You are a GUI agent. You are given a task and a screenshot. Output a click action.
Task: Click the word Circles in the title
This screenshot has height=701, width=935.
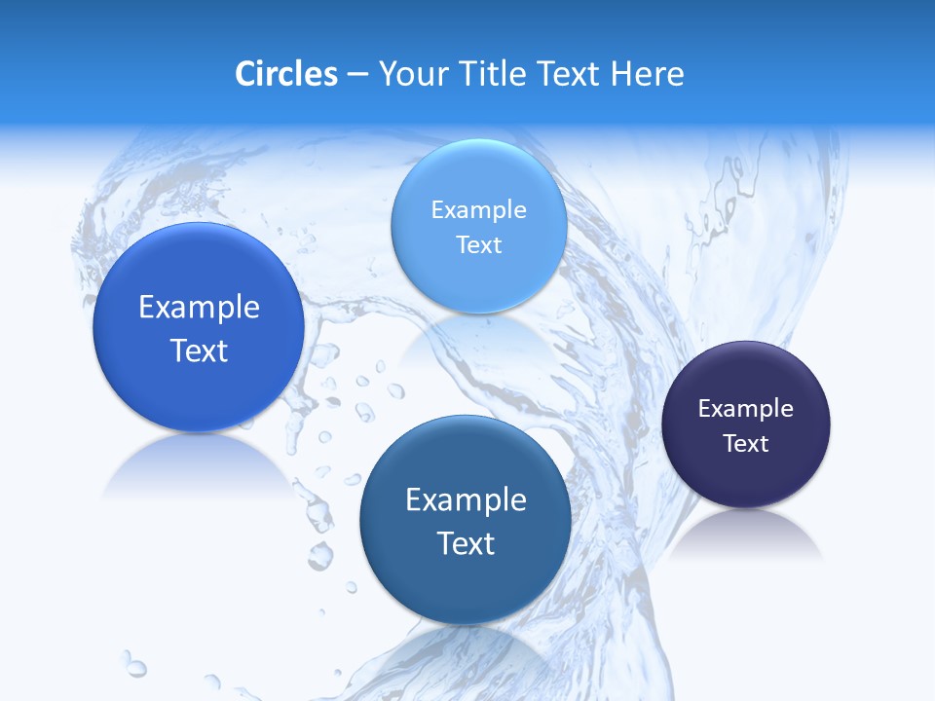point(285,74)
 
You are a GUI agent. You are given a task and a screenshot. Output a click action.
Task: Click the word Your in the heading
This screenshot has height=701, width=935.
point(410,74)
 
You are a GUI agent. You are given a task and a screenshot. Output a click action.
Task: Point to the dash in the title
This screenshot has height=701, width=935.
point(357,75)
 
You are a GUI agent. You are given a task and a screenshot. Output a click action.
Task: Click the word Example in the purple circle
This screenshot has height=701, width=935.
point(746,409)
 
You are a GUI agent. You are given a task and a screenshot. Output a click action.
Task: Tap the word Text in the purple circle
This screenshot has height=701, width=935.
point(746,444)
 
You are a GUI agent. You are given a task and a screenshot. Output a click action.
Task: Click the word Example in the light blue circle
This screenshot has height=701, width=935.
point(478,210)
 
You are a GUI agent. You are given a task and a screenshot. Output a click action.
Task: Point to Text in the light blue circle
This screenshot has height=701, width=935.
point(478,245)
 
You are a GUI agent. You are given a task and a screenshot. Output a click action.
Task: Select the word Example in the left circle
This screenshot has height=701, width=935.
point(199,308)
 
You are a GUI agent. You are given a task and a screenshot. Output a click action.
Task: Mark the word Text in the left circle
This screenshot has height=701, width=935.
point(199,350)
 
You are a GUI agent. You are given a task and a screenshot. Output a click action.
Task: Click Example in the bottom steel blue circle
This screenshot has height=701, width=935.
point(466,500)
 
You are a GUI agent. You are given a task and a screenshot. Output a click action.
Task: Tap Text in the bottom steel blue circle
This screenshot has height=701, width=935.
point(466,543)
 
